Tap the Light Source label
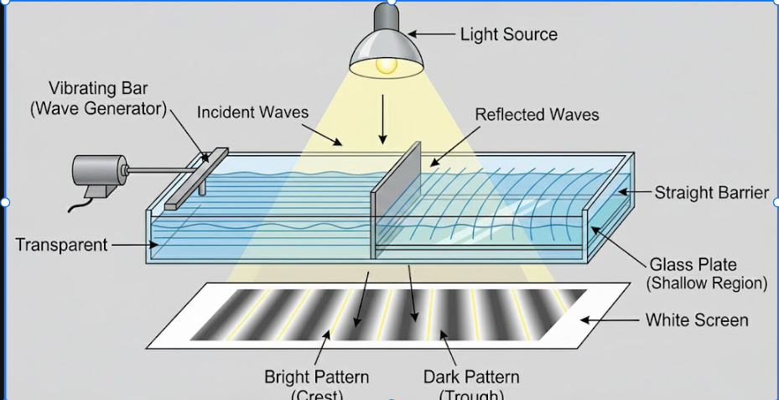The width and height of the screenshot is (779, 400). (x=508, y=34)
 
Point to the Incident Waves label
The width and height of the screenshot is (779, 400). (x=252, y=112)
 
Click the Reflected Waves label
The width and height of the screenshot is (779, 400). (x=537, y=114)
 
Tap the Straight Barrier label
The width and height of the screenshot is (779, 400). (x=711, y=193)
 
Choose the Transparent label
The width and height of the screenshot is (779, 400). (x=61, y=245)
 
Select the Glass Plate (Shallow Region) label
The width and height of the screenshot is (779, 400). (x=706, y=274)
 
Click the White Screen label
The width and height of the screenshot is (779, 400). (x=697, y=320)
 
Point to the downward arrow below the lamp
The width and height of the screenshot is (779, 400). (x=382, y=118)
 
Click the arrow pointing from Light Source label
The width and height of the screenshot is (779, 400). (x=431, y=34)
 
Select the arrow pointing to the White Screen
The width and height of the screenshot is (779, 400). (x=611, y=320)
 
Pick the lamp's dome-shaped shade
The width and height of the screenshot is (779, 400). (x=386, y=46)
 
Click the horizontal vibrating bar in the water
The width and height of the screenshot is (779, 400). (x=197, y=178)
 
